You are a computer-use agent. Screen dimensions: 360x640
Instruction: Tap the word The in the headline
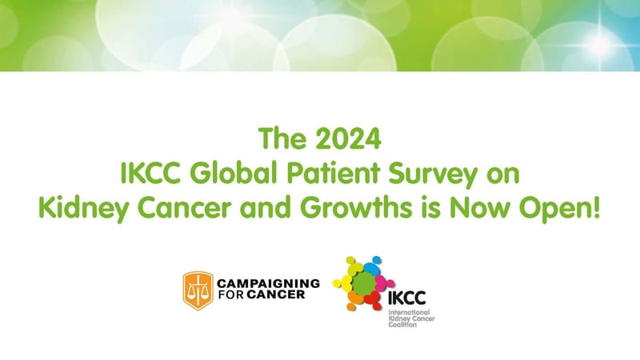click(x=282, y=142)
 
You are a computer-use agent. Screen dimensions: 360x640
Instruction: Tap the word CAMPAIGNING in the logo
click(x=268, y=283)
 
